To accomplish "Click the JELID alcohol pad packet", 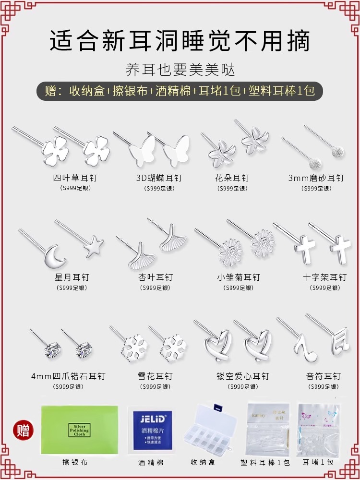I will [x=151, y=429].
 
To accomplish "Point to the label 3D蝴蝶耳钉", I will [x=159, y=178].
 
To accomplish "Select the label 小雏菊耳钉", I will [x=239, y=277].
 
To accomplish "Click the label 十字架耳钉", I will [x=324, y=277].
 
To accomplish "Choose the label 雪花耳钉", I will [x=155, y=376].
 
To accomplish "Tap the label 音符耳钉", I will [x=324, y=376].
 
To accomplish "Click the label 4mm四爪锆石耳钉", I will [x=68, y=376].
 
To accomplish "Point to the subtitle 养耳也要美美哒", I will [x=180, y=70].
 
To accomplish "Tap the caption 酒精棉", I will [x=151, y=462].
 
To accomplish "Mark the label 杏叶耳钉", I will [x=155, y=277].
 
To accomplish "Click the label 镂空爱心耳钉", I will [x=243, y=376].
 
